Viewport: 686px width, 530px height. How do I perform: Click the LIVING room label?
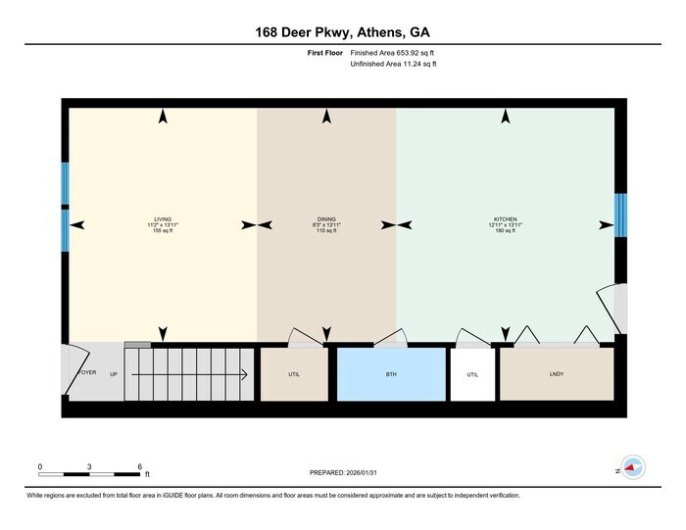[x=163, y=218]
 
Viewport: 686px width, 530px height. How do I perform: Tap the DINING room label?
[x=326, y=218]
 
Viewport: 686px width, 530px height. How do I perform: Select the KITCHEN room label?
[x=506, y=218]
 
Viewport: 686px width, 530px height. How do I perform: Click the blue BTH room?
[x=392, y=373]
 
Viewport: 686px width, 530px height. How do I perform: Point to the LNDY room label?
[x=557, y=373]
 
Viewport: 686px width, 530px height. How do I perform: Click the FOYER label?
[x=88, y=373]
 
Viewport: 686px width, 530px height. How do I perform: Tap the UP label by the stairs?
[x=114, y=374]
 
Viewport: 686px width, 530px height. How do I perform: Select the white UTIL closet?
[x=472, y=373]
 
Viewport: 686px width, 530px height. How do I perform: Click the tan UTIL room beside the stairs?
[x=294, y=373]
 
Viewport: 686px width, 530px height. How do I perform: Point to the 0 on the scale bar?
[x=40, y=467]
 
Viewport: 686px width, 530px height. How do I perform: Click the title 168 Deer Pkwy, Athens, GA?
[x=342, y=31]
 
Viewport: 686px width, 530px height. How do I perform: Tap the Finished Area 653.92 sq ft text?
[x=392, y=53]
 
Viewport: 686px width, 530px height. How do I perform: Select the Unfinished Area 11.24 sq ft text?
[x=393, y=64]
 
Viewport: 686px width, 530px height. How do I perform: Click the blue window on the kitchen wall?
[x=619, y=216]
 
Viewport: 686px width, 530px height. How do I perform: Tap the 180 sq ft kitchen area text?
[x=506, y=230]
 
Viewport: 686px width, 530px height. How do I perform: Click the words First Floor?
[x=325, y=53]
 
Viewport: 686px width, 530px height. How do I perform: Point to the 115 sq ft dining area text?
[x=326, y=230]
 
